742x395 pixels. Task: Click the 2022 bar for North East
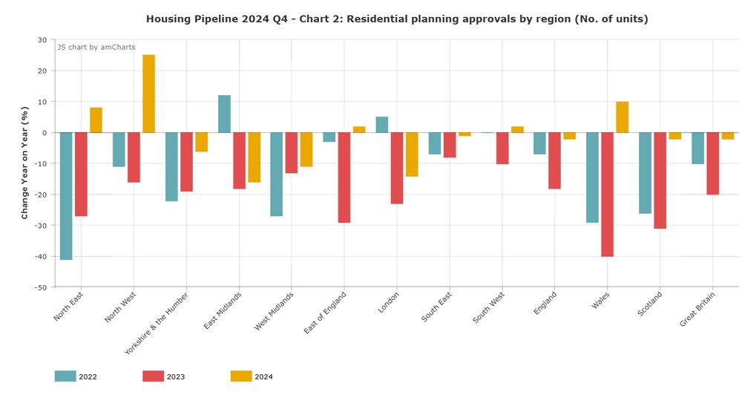pyautogui.click(x=66, y=196)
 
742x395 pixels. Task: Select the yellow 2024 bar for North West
pyautogui.click(x=148, y=94)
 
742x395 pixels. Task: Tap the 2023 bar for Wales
pyautogui.click(x=607, y=195)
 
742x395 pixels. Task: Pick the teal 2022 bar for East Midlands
pyautogui.click(x=224, y=114)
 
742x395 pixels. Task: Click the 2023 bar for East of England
pyautogui.click(x=344, y=177)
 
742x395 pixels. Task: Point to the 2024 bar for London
pyautogui.click(x=412, y=154)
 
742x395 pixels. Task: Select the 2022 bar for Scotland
pyautogui.click(x=645, y=173)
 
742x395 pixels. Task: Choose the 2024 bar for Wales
pyautogui.click(x=622, y=117)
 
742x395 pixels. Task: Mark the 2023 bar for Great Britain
pyautogui.click(x=712, y=163)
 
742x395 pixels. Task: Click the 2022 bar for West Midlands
pyautogui.click(x=276, y=174)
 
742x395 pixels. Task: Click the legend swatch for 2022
pyautogui.click(x=65, y=376)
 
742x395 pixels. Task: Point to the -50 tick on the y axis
pyautogui.click(x=40, y=287)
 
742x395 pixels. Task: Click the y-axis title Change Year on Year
pyautogui.click(x=24, y=163)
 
